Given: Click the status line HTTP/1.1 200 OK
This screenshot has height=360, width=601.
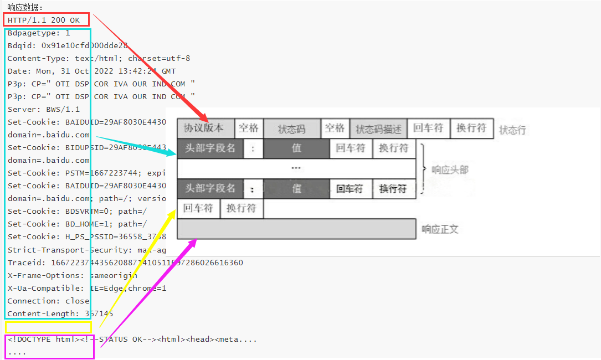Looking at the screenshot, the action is pyautogui.click(x=44, y=20).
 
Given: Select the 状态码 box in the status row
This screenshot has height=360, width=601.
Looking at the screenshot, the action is pyautogui.click(x=292, y=129).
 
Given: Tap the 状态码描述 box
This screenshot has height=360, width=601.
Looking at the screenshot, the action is pyautogui.click(x=378, y=129).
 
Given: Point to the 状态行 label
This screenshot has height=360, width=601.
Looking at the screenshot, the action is pyautogui.click(x=512, y=130).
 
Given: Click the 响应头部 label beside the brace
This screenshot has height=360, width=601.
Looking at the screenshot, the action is pyautogui.click(x=450, y=170).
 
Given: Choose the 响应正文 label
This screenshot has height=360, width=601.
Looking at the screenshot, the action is pyautogui.click(x=440, y=229).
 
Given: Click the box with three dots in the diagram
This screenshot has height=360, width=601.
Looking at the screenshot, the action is pyautogui.click(x=296, y=168).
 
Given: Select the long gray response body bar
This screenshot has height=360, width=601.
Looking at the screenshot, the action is pyautogui.click(x=296, y=229).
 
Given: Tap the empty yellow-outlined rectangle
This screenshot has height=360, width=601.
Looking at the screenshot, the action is pyautogui.click(x=48, y=327).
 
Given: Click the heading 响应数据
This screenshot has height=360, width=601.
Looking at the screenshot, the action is pyautogui.click(x=25, y=7).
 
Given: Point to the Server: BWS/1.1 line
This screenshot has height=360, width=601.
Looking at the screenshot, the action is pyautogui.click(x=44, y=109).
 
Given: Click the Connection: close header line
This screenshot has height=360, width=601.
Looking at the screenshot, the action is pyautogui.click(x=48, y=301).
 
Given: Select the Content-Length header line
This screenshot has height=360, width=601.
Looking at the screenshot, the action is pyautogui.click(x=60, y=313).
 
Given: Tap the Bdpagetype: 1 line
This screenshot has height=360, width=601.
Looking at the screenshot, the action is pyautogui.click(x=39, y=33).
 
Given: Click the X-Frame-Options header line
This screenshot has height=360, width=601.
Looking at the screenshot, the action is pyautogui.click(x=73, y=275).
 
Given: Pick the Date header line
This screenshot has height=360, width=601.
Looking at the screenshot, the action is pyautogui.click(x=91, y=71).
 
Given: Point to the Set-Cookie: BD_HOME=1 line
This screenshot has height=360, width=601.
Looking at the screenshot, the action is pyautogui.click(x=78, y=224).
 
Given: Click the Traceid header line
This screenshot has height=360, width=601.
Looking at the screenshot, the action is pyautogui.click(x=125, y=263).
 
